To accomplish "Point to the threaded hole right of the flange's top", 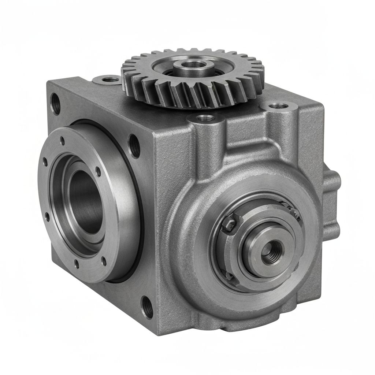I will point(134,146).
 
